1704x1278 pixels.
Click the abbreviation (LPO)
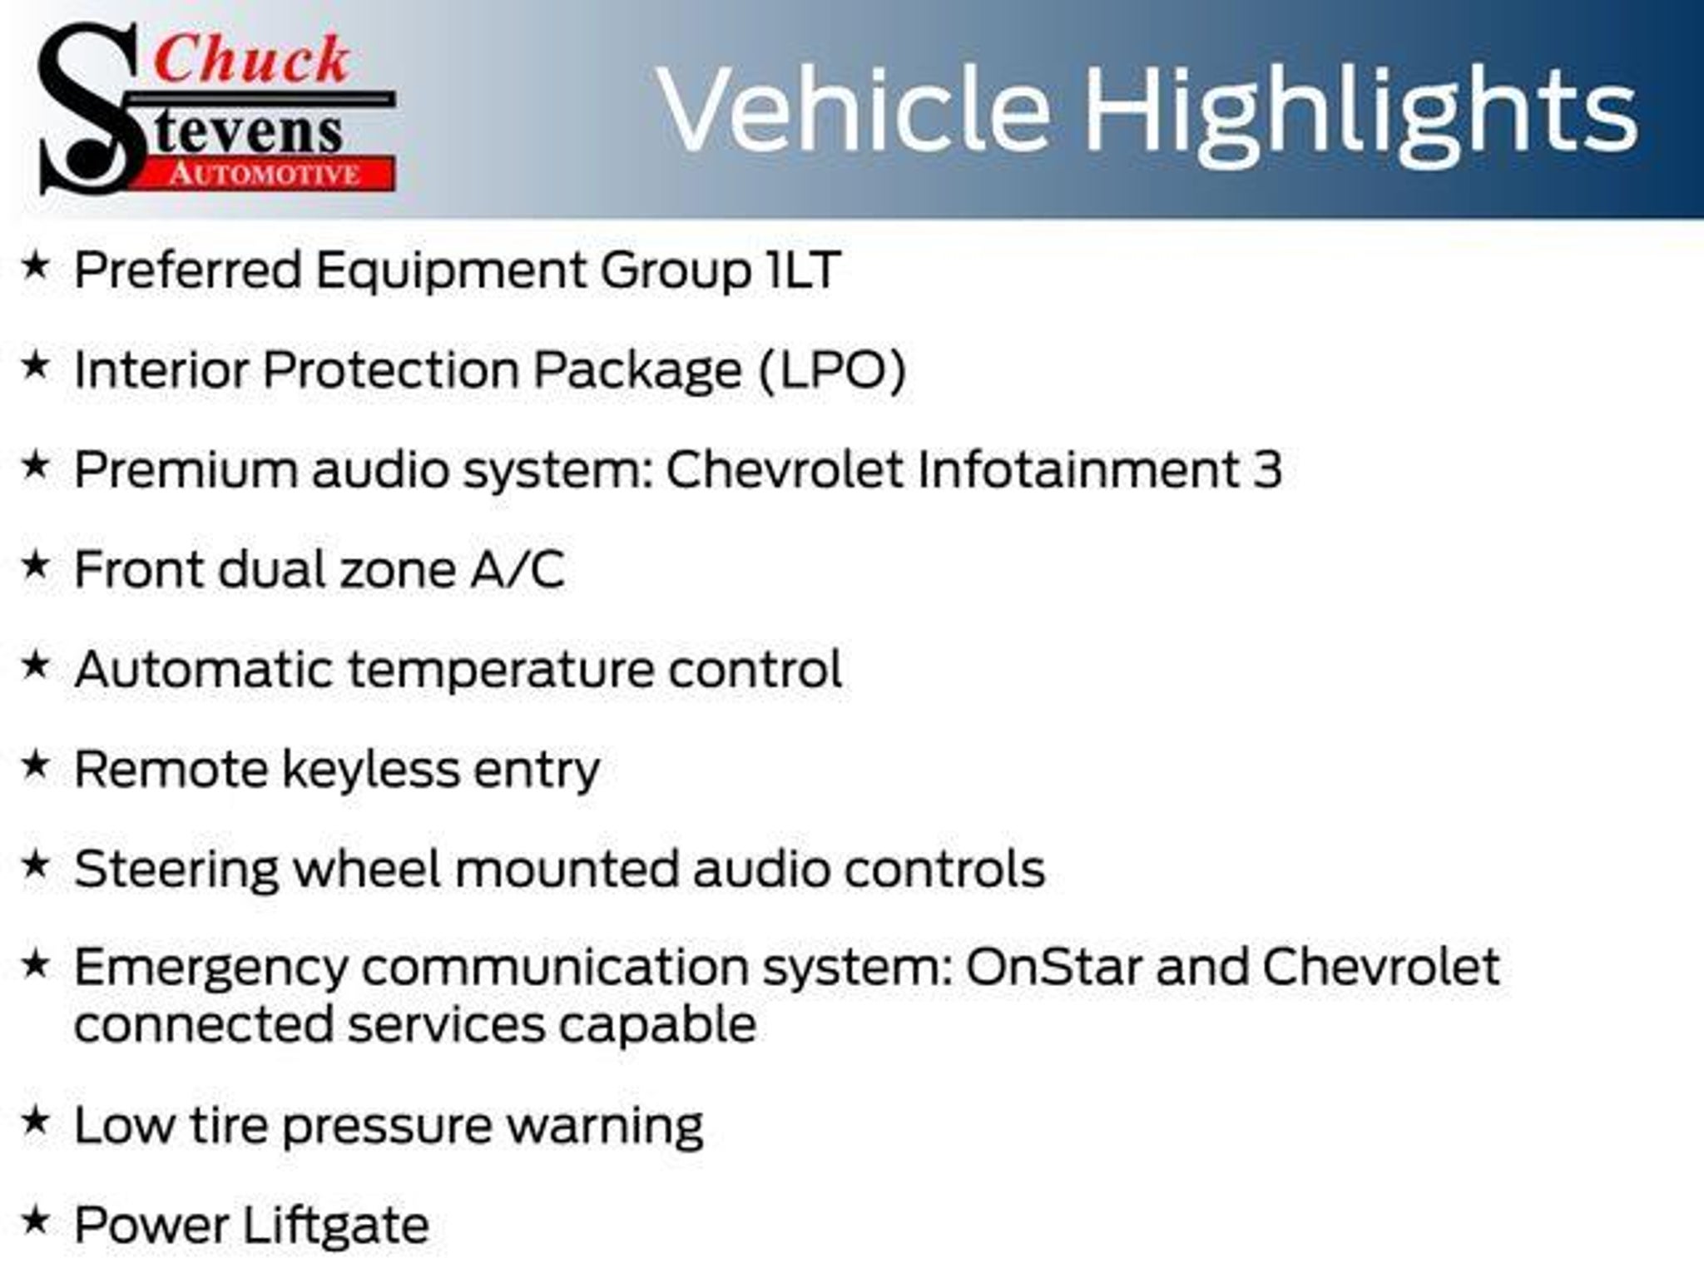(832, 370)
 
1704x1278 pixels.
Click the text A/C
(518, 570)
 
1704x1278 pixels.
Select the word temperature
(500, 671)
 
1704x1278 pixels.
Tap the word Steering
(176, 870)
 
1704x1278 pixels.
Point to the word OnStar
(1053, 967)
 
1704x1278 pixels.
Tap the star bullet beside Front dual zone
(35, 565)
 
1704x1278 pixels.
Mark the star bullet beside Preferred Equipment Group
(35, 265)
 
